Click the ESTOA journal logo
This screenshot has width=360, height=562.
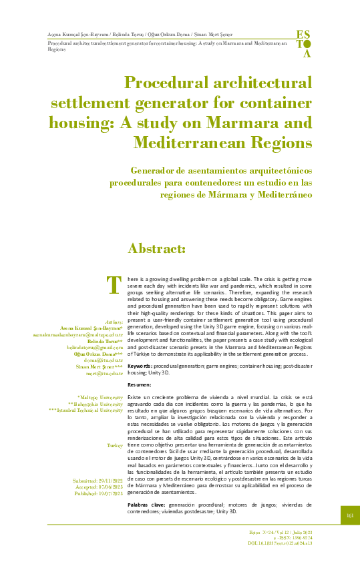click(x=303, y=43)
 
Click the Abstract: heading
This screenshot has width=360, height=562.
click(x=156, y=249)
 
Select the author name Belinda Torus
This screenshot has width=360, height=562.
click(x=104, y=340)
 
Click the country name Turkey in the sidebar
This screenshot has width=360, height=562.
click(x=115, y=445)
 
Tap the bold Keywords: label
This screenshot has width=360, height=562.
click(x=140, y=366)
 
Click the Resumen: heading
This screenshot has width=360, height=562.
click(x=140, y=385)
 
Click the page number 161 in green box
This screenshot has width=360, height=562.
click(x=350, y=515)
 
